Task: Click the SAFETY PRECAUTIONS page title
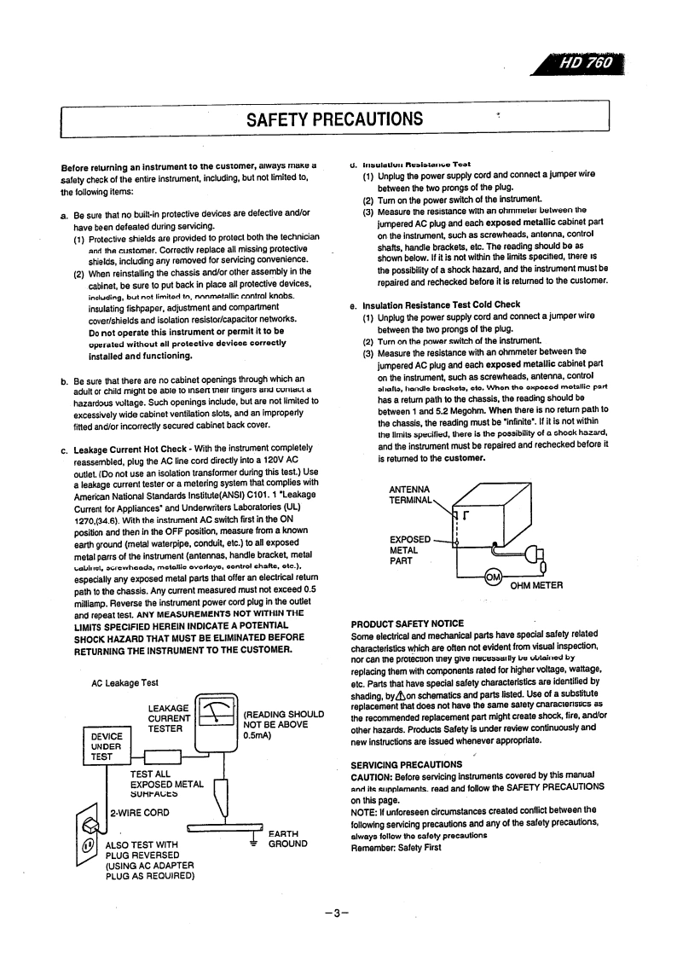pyautogui.click(x=334, y=118)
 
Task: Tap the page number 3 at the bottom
pyautogui.click(x=337, y=913)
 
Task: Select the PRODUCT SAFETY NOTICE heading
pyautogui.click(x=408, y=624)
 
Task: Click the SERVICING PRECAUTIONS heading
pyautogui.click(x=406, y=764)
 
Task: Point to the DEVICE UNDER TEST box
pyautogui.click(x=107, y=745)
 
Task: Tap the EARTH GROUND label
pyautogui.click(x=286, y=839)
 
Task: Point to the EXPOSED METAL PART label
pyautogui.click(x=410, y=550)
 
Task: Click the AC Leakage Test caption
pyautogui.click(x=124, y=682)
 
